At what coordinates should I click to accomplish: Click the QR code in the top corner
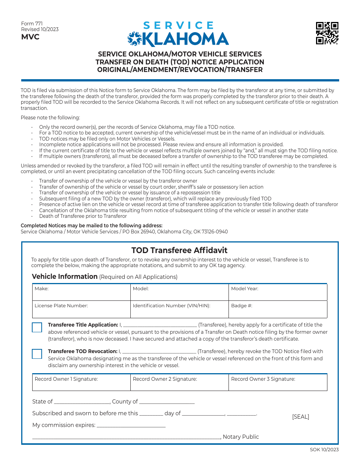pos(327,33)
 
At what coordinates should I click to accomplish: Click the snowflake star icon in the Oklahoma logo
pos(134,39)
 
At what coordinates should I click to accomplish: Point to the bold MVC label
pos(30,37)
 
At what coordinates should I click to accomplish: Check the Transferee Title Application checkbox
pos(37,327)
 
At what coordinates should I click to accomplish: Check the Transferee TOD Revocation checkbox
pos(37,354)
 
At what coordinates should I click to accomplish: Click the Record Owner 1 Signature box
pos(81,383)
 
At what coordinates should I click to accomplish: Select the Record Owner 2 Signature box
pos(180,383)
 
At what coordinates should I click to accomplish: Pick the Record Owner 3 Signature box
pos(278,383)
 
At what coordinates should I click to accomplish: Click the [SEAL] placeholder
pos(301,417)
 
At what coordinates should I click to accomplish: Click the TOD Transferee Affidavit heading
pos(180,250)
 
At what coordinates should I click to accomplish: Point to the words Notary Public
pos(241,437)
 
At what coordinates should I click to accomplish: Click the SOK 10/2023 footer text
pos(324,450)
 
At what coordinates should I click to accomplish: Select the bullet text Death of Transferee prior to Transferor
pos(83,216)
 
